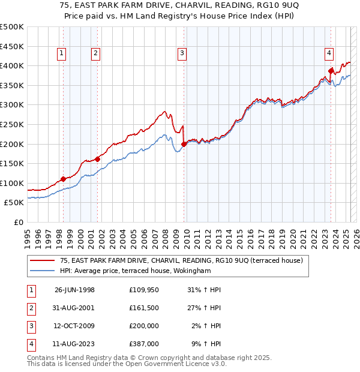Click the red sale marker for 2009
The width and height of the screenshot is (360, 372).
tap(184, 144)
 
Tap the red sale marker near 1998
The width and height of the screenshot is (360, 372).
tap(63, 179)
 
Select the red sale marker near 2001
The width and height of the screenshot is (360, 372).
tap(97, 159)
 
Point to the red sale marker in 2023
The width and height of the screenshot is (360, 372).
tap(331, 70)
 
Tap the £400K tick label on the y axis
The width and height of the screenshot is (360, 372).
tap(11, 65)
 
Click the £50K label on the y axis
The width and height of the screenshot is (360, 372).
tap(14, 203)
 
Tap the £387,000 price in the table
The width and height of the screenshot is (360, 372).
tap(144, 344)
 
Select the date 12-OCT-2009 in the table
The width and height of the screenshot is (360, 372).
tap(74, 326)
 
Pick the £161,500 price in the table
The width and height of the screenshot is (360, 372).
tap(144, 308)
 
